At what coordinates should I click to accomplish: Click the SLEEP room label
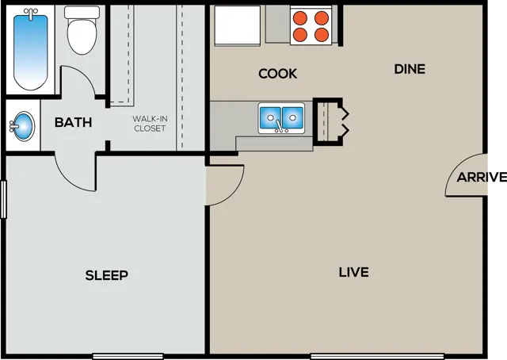pyautogui.click(x=107, y=275)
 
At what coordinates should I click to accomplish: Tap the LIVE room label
pyautogui.click(x=354, y=272)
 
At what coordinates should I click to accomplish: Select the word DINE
pyautogui.click(x=410, y=69)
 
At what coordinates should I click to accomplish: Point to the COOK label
pyautogui.click(x=278, y=74)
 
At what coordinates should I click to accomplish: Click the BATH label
pyautogui.click(x=74, y=122)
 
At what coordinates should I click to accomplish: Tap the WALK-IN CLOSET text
pyautogui.click(x=150, y=124)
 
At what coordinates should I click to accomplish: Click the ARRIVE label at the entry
pyautogui.click(x=482, y=178)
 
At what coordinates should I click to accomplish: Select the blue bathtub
pyautogui.click(x=30, y=48)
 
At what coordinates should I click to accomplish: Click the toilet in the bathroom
pyautogui.click(x=82, y=30)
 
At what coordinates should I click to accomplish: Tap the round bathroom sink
pyautogui.click(x=23, y=125)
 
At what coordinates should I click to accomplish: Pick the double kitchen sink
pyautogui.click(x=281, y=118)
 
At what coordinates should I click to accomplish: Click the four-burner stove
pyautogui.click(x=311, y=25)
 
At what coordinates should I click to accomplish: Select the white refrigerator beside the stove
pyautogui.click(x=238, y=25)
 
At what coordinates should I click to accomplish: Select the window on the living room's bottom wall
pyautogui.click(x=377, y=357)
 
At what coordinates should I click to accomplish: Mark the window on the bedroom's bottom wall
pyautogui.click(x=128, y=357)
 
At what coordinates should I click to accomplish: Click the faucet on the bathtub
pyautogui.click(x=30, y=13)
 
